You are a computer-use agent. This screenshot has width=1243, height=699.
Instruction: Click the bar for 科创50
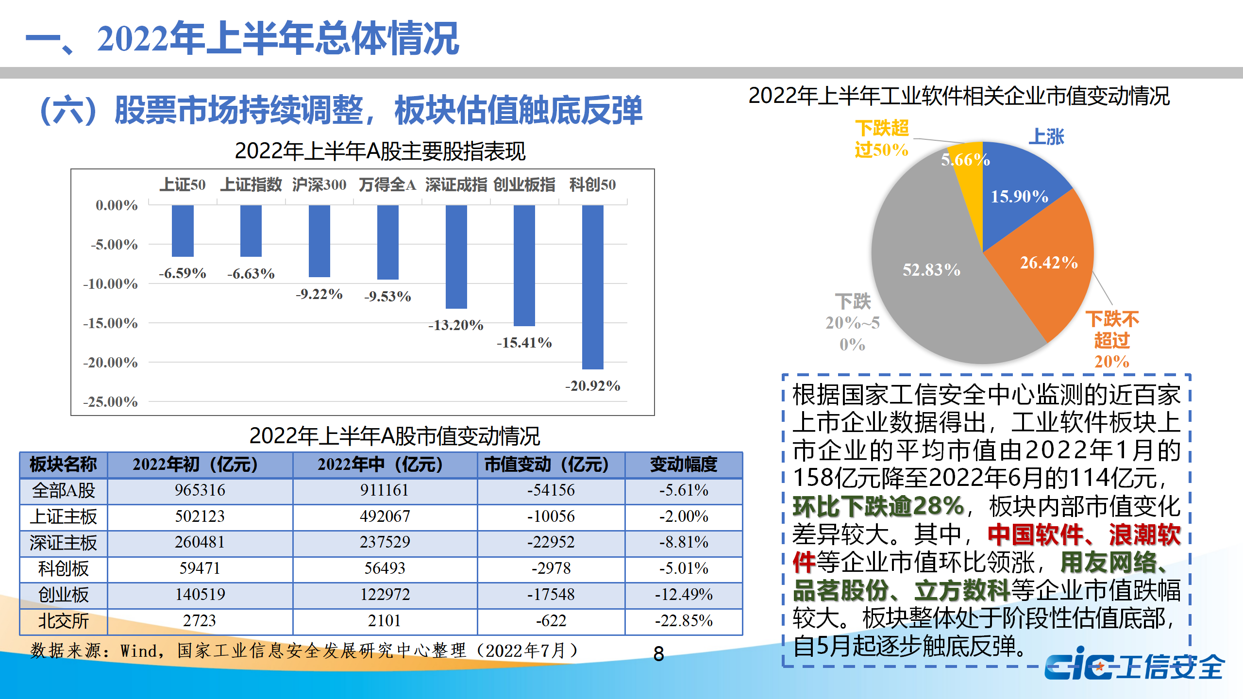592,286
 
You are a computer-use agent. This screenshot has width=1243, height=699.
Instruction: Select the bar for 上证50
183,231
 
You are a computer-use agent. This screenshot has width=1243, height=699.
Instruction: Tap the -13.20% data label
455,325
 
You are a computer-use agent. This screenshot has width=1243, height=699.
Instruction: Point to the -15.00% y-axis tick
111,323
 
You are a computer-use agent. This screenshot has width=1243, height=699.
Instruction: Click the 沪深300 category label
319,184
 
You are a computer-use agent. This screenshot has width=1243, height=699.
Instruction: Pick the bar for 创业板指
524,265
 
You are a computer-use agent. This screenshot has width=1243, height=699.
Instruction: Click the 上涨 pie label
1046,137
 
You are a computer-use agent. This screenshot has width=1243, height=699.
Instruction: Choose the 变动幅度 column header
683,465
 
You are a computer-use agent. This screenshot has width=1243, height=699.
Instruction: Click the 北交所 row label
63,621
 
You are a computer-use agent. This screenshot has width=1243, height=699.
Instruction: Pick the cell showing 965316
200,490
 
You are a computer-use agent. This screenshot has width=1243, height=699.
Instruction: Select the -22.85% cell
683,621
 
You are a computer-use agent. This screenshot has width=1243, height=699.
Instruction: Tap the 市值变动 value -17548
551,594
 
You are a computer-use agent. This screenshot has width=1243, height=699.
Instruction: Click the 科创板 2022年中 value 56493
385,568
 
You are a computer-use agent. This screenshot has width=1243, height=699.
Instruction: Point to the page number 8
658,654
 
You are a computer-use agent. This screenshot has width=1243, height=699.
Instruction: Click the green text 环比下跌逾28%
878,506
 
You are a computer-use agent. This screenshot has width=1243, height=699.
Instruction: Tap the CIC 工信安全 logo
1134,666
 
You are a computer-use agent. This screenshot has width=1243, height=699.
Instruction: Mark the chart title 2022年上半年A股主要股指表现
380,151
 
